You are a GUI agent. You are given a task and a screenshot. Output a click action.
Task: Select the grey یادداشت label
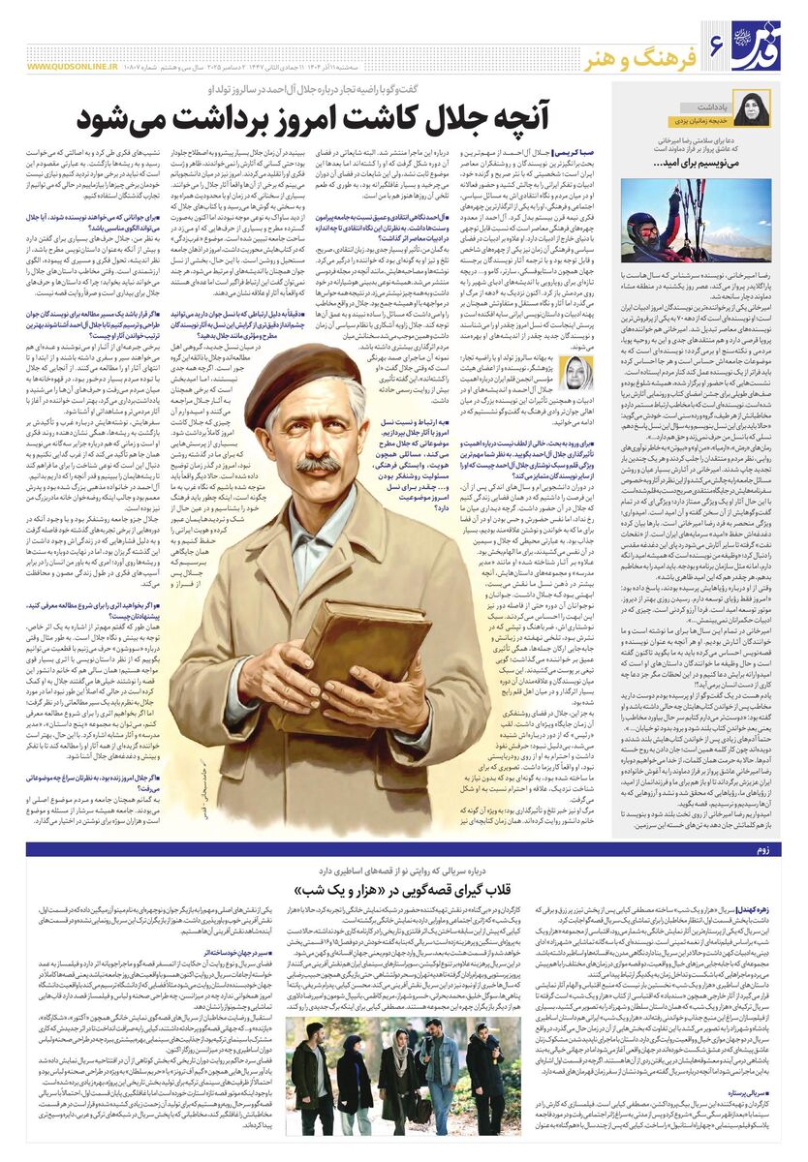coord(708,103)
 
